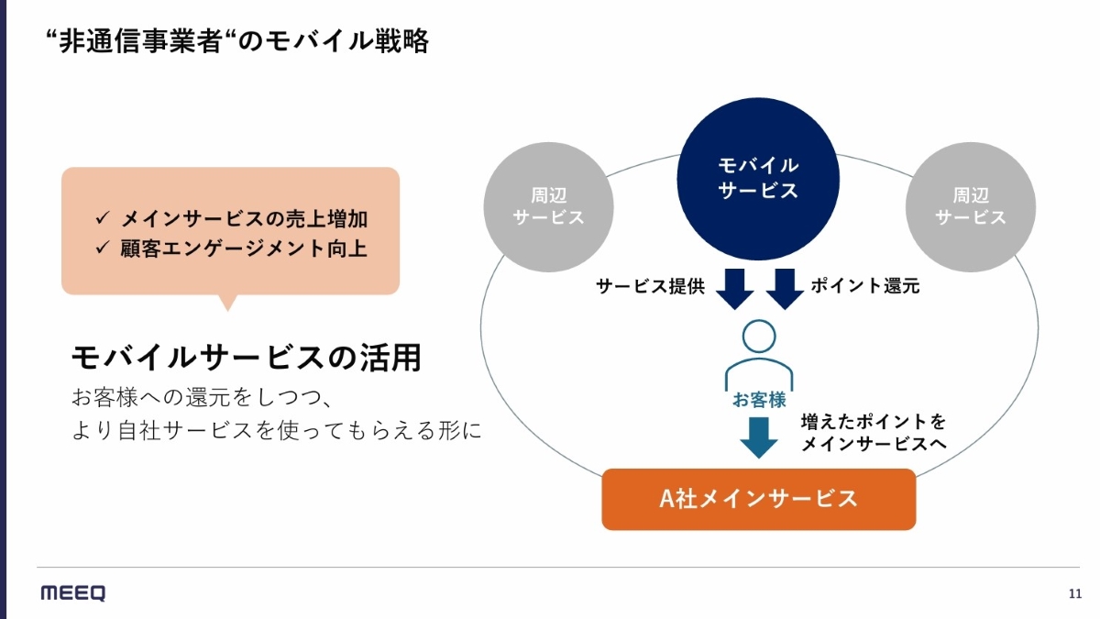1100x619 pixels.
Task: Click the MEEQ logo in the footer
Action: (x=73, y=593)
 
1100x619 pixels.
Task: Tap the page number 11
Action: (x=1075, y=594)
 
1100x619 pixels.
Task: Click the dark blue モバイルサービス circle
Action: (x=758, y=179)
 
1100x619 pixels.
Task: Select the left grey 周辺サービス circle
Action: (x=548, y=206)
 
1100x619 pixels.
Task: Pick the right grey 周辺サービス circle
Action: (x=970, y=206)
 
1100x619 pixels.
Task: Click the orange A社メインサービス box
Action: (x=758, y=499)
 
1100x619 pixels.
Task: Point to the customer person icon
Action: (x=758, y=353)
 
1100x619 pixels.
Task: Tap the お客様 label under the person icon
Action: (x=758, y=400)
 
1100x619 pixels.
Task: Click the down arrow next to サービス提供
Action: (x=734, y=288)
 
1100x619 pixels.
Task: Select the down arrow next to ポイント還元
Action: (x=784, y=288)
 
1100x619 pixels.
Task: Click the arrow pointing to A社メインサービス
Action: (x=758, y=437)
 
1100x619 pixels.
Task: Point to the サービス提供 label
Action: (x=650, y=286)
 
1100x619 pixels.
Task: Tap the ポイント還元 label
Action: (x=864, y=286)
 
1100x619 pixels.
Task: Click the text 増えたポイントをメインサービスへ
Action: (x=873, y=433)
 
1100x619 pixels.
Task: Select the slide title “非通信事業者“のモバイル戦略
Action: (x=236, y=41)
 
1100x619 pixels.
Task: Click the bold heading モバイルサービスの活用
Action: (x=246, y=358)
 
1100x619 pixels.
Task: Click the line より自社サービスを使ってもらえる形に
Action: (x=276, y=430)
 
